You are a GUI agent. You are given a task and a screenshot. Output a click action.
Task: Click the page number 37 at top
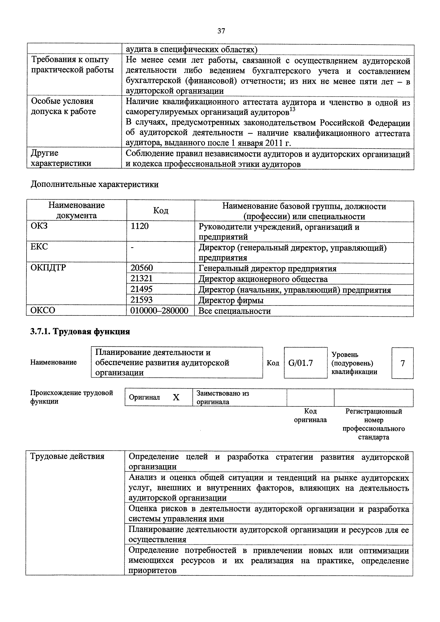click(221, 31)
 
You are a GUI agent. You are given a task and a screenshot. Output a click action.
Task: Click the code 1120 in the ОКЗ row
click(140, 226)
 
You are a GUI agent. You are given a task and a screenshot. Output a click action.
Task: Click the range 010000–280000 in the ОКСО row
click(159, 310)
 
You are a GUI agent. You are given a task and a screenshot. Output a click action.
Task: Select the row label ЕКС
click(39, 247)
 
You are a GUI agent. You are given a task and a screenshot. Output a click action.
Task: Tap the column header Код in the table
click(161, 211)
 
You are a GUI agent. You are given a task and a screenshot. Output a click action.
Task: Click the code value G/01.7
click(301, 363)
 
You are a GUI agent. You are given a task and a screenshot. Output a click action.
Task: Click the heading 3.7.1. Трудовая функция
click(80, 332)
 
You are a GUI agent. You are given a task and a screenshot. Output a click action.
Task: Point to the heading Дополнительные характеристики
click(95, 184)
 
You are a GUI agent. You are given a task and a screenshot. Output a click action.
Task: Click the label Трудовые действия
click(67, 457)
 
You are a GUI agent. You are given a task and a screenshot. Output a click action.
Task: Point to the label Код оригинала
click(310, 416)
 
